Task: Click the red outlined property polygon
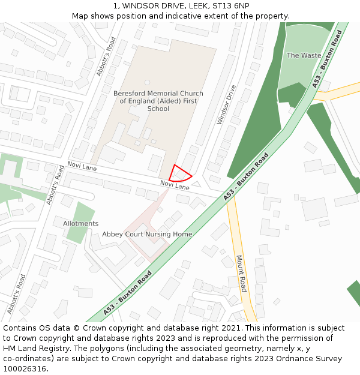tap(179, 174)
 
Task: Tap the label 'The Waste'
tap(304, 55)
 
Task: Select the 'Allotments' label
tap(80, 224)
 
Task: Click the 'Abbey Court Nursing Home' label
tap(147, 234)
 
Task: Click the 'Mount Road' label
tap(241, 274)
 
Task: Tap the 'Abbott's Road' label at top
tap(106, 56)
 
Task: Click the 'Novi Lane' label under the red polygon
tap(175, 185)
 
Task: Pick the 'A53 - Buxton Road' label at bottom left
tap(127, 293)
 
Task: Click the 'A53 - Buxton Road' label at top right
tap(326, 60)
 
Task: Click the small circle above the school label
tap(148, 82)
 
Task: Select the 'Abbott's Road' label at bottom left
tap(17, 294)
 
